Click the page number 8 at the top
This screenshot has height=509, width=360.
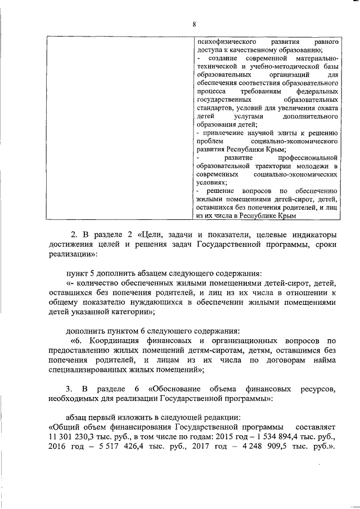(194, 24)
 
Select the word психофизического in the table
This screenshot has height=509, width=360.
(222, 42)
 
